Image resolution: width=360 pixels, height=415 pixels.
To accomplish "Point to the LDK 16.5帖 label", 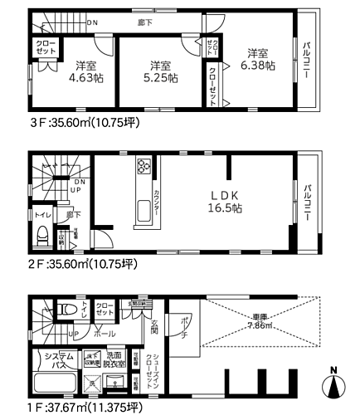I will pyautogui.click(x=225, y=202).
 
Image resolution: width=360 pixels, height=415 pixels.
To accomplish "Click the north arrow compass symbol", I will pyautogui.click(x=333, y=384).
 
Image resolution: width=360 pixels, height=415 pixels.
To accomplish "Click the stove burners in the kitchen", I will pyautogui.click(x=142, y=168).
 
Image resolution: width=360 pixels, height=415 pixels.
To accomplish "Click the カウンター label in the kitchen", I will pyautogui.click(x=156, y=203).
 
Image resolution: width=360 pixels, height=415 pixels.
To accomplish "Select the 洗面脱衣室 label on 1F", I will pyautogui.click(x=115, y=360).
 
